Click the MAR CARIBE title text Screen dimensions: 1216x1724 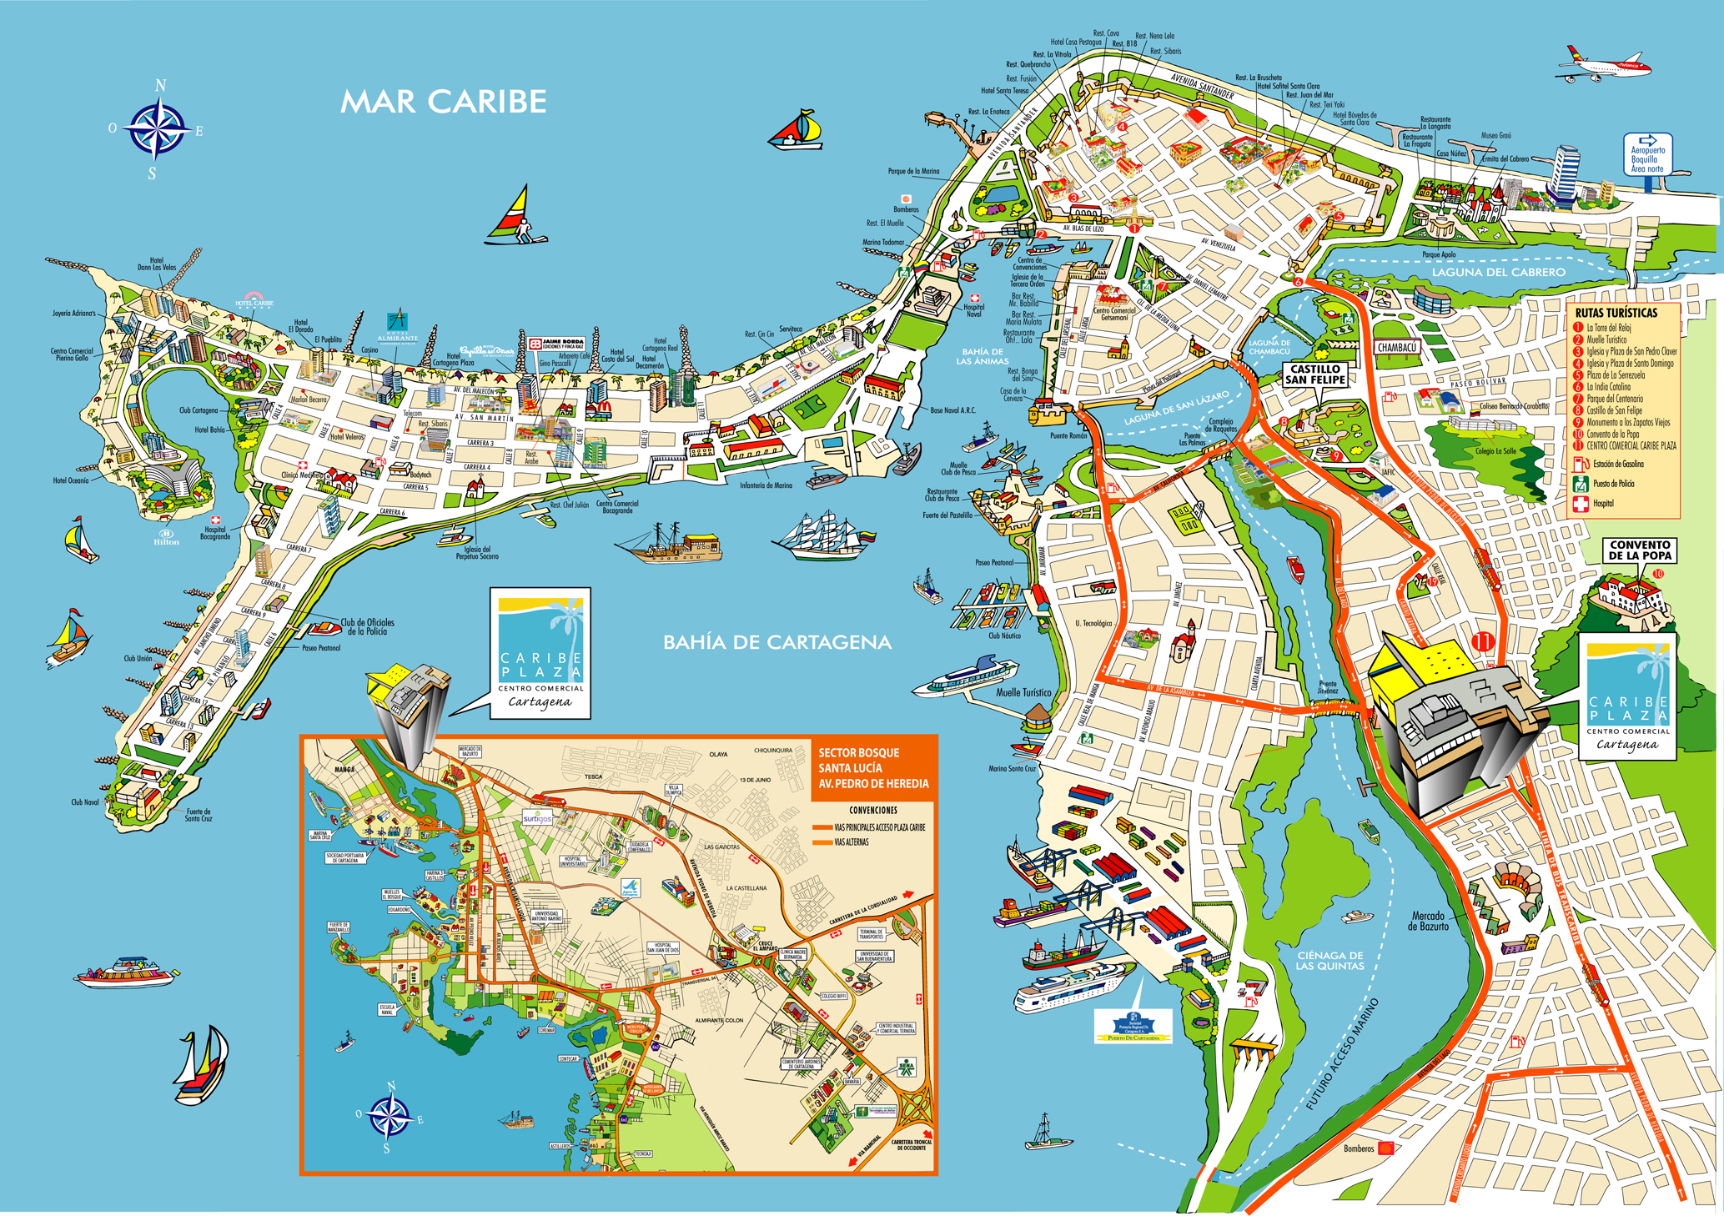click(443, 102)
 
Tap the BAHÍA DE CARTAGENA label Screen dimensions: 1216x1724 click(777, 642)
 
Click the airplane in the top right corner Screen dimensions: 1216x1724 click(1603, 65)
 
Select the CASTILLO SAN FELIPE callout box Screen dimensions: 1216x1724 click(1315, 374)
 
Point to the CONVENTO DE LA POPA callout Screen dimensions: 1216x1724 click(1639, 550)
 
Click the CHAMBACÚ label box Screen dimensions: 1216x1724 click(1397, 348)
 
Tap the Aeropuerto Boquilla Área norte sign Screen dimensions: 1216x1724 click(1646, 155)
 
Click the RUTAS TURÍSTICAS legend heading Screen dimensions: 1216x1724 click(1616, 313)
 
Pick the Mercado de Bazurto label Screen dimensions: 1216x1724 click(1428, 921)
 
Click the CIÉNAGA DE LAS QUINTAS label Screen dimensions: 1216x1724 click(1329, 961)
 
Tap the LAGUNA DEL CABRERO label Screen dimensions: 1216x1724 click(1498, 272)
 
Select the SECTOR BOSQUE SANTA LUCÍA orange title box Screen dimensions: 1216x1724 click(872, 768)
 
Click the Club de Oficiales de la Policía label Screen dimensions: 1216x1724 click(367, 626)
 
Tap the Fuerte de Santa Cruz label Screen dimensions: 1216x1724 click(199, 814)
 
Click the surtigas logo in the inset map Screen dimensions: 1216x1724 click(538, 818)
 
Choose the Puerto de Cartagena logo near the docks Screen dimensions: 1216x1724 click(1133, 1026)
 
